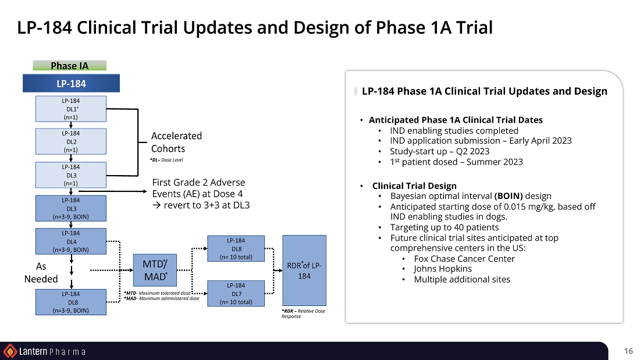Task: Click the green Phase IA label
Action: (x=69, y=65)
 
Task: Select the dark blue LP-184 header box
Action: (x=71, y=83)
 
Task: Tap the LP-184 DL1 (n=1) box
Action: (x=70, y=109)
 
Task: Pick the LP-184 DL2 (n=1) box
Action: (x=70, y=142)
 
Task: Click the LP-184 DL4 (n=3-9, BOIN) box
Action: (x=70, y=241)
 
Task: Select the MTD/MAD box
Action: (x=155, y=270)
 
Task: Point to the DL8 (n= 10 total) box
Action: (x=236, y=248)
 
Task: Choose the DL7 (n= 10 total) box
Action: (x=236, y=294)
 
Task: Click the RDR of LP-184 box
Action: (x=304, y=270)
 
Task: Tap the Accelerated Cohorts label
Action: (x=176, y=142)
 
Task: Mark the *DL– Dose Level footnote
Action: (x=166, y=160)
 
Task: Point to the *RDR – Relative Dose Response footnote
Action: (x=303, y=313)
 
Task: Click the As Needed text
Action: (x=41, y=273)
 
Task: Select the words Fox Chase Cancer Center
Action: (x=464, y=259)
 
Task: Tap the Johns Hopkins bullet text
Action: (x=443, y=269)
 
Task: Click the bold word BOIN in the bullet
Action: (x=509, y=197)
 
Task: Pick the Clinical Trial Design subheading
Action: (x=414, y=186)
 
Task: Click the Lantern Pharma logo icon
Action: (x=10, y=351)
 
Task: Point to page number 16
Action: (x=628, y=351)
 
